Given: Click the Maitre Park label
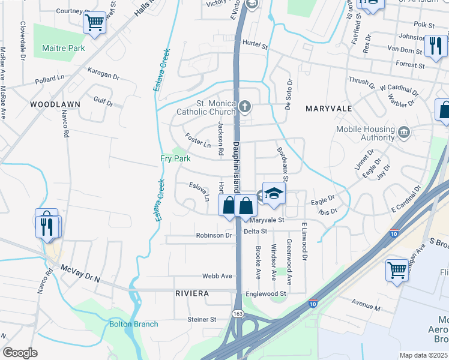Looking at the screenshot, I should click(x=63, y=48).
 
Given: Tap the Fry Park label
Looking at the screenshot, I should click(x=175, y=158).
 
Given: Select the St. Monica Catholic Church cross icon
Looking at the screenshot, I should click(x=244, y=107).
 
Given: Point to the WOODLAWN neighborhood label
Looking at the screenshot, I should click(x=55, y=104).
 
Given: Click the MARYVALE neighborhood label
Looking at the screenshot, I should click(x=328, y=109).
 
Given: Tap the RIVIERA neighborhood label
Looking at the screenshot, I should click(x=192, y=293).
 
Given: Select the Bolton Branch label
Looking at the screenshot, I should click(x=134, y=325).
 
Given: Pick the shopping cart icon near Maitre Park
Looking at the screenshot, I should click(x=94, y=23).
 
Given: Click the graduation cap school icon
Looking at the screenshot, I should click(x=274, y=193).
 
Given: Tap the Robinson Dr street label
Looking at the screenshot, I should click(x=214, y=236).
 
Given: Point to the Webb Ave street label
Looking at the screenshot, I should click(x=217, y=276).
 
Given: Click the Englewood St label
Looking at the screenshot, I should click(x=266, y=294).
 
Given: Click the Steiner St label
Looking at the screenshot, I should click(x=202, y=320).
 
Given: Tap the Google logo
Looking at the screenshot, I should click(x=20, y=353).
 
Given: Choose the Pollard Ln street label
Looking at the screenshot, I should click(x=49, y=79).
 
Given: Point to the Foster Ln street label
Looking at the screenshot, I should click(x=198, y=141).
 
